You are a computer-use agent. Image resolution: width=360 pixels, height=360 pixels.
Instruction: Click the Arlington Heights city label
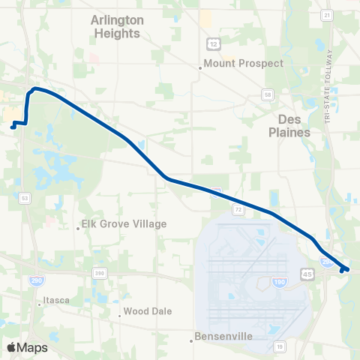(x=115, y=27)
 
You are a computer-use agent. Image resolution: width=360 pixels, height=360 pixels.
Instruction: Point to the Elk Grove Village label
(x=124, y=223)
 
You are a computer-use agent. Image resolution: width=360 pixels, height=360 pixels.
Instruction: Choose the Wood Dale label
(x=148, y=311)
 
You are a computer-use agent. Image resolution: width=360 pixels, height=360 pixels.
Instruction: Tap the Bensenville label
(x=223, y=337)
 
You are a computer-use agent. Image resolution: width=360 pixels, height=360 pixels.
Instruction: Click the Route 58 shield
(x=267, y=94)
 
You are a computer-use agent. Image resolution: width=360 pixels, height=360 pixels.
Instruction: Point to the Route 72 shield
(x=237, y=209)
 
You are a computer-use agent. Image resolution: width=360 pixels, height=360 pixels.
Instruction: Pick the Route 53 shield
(x=25, y=198)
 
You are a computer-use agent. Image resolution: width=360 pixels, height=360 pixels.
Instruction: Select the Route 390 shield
(x=100, y=273)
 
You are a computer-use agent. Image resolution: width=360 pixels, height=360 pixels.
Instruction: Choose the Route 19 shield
(x=278, y=346)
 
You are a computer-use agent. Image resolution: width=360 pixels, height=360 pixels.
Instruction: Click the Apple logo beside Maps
(x=11, y=347)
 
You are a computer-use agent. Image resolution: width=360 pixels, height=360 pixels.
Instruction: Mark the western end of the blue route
(x=13, y=127)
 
